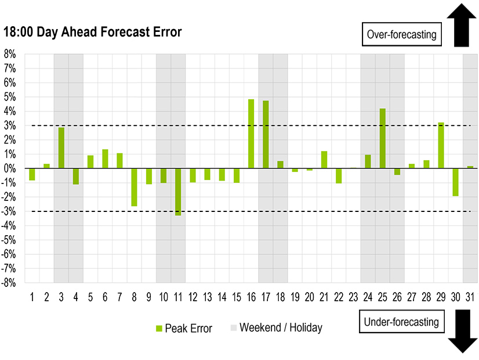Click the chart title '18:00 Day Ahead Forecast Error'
92,32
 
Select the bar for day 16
251,134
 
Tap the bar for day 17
266,134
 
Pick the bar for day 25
383,138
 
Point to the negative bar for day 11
178,192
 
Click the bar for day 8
134,187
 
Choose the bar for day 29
441,145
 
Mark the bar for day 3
61,147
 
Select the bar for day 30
455,182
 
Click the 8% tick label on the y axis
10,54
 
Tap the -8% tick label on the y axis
9,283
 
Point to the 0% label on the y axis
10,168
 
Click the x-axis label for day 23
353,297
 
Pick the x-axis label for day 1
32,297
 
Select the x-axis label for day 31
470,297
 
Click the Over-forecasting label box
402,34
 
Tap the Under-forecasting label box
401,322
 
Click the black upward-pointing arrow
462,26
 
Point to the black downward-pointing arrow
463,331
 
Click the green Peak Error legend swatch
159,329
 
